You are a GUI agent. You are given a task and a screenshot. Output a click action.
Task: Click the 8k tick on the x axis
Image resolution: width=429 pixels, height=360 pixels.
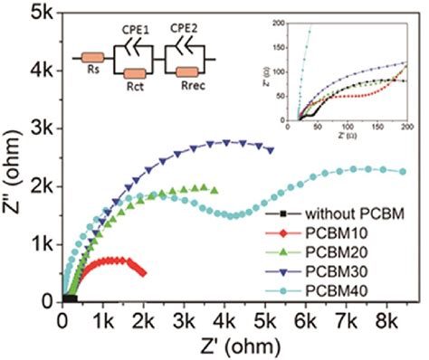click(x=386, y=318)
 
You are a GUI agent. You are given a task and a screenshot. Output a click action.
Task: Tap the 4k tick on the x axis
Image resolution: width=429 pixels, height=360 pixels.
click(x=224, y=318)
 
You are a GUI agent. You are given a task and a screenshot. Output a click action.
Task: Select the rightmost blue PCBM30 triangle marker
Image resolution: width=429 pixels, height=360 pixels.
click(x=271, y=150)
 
